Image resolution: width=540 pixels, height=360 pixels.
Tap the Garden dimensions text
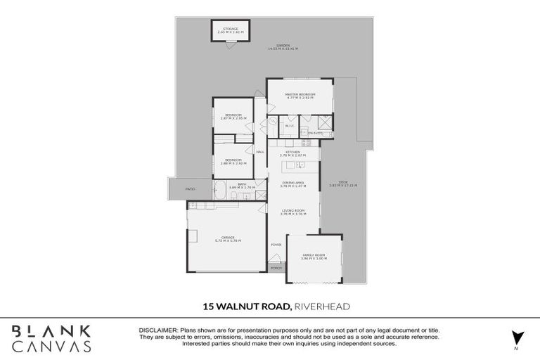[x=283, y=49]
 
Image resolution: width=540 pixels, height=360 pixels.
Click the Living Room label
[x=292, y=212]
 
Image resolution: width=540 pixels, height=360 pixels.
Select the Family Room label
[x=313, y=257]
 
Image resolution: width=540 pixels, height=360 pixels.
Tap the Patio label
[x=189, y=189]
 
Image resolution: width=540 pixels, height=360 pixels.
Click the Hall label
[x=259, y=152]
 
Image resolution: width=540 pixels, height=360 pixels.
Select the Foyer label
[x=276, y=245]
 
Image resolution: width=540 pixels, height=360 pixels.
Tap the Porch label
[x=276, y=268]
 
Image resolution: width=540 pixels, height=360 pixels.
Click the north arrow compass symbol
[x=517, y=338]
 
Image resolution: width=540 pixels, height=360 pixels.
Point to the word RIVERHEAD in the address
[x=322, y=307]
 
